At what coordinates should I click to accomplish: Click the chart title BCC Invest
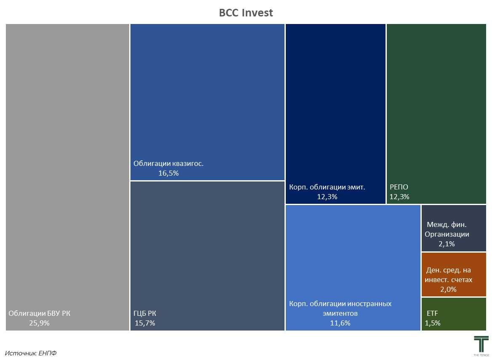tap(246, 13)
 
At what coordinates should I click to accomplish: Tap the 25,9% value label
tap(39, 323)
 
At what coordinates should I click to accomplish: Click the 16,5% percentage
tap(168, 173)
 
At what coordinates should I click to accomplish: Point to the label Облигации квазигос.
tap(168, 163)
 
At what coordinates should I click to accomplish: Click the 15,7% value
tap(145, 323)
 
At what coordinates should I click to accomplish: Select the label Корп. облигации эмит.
tap(327, 187)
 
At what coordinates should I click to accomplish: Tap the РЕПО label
tap(399, 187)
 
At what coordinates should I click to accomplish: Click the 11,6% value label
tap(340, 323)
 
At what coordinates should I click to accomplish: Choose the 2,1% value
tap(447, 244)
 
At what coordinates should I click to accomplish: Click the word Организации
tap(447, 234)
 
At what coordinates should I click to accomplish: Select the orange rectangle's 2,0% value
tap(448, 289)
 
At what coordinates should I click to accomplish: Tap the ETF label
tap(432, 313)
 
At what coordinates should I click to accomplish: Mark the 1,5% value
tap(433, 323)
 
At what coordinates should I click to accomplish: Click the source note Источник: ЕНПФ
tap(31, 353)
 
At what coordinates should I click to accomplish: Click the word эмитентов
tap(340, 313)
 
